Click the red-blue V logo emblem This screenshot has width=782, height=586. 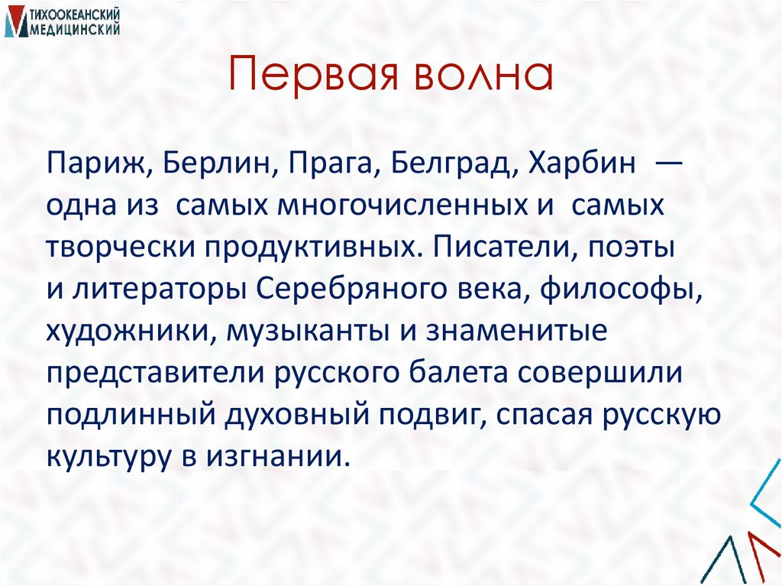[x=13, y=21]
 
